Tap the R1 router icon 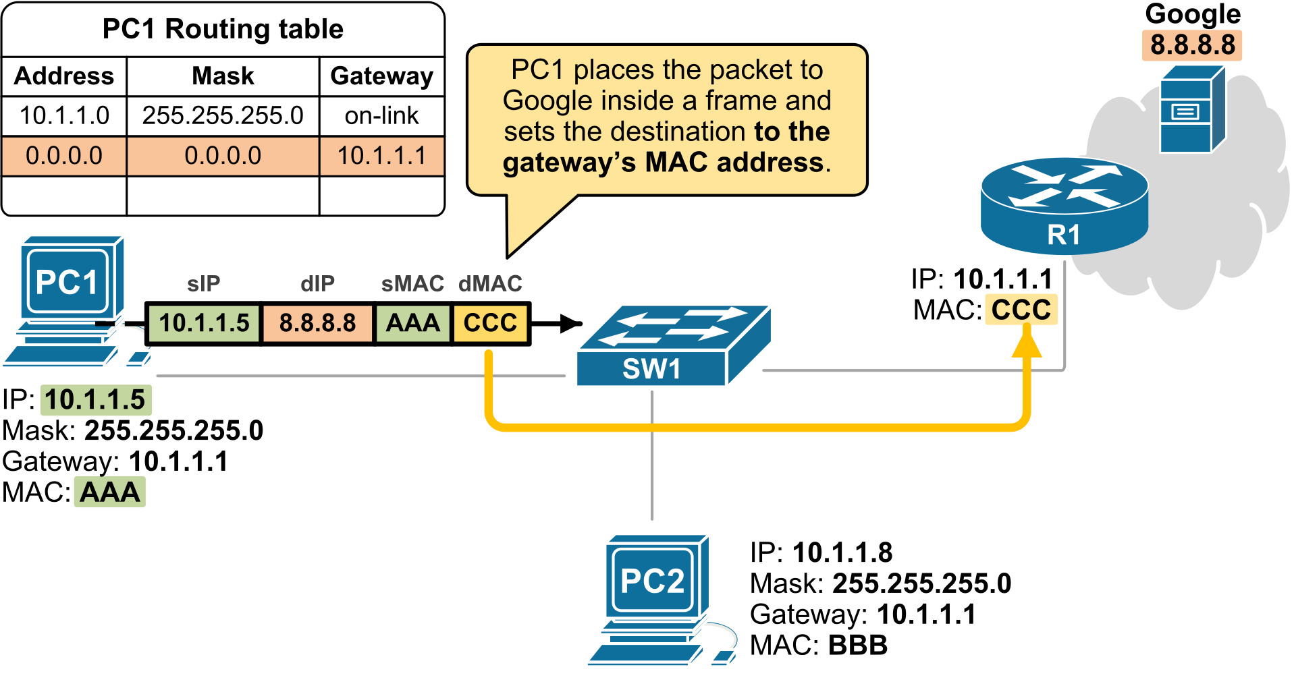coord(1064,205)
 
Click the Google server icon coord(1192,110)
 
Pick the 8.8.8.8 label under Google coord(1192,45)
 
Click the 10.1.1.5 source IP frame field coord(204,323)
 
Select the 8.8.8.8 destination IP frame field coord(317,323)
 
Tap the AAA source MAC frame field coord(412,323)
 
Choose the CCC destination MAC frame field coord(491,323)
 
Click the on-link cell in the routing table coord(381,116)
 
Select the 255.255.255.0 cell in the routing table coord(223,116)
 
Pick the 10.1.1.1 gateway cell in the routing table coord(381,156)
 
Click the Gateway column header coord(381,76)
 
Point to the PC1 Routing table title coord(223,29)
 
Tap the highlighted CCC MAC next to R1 coord(1021,310)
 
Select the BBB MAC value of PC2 coord(857,646)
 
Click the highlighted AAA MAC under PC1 coord(110,492)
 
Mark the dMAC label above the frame coord(490,284)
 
